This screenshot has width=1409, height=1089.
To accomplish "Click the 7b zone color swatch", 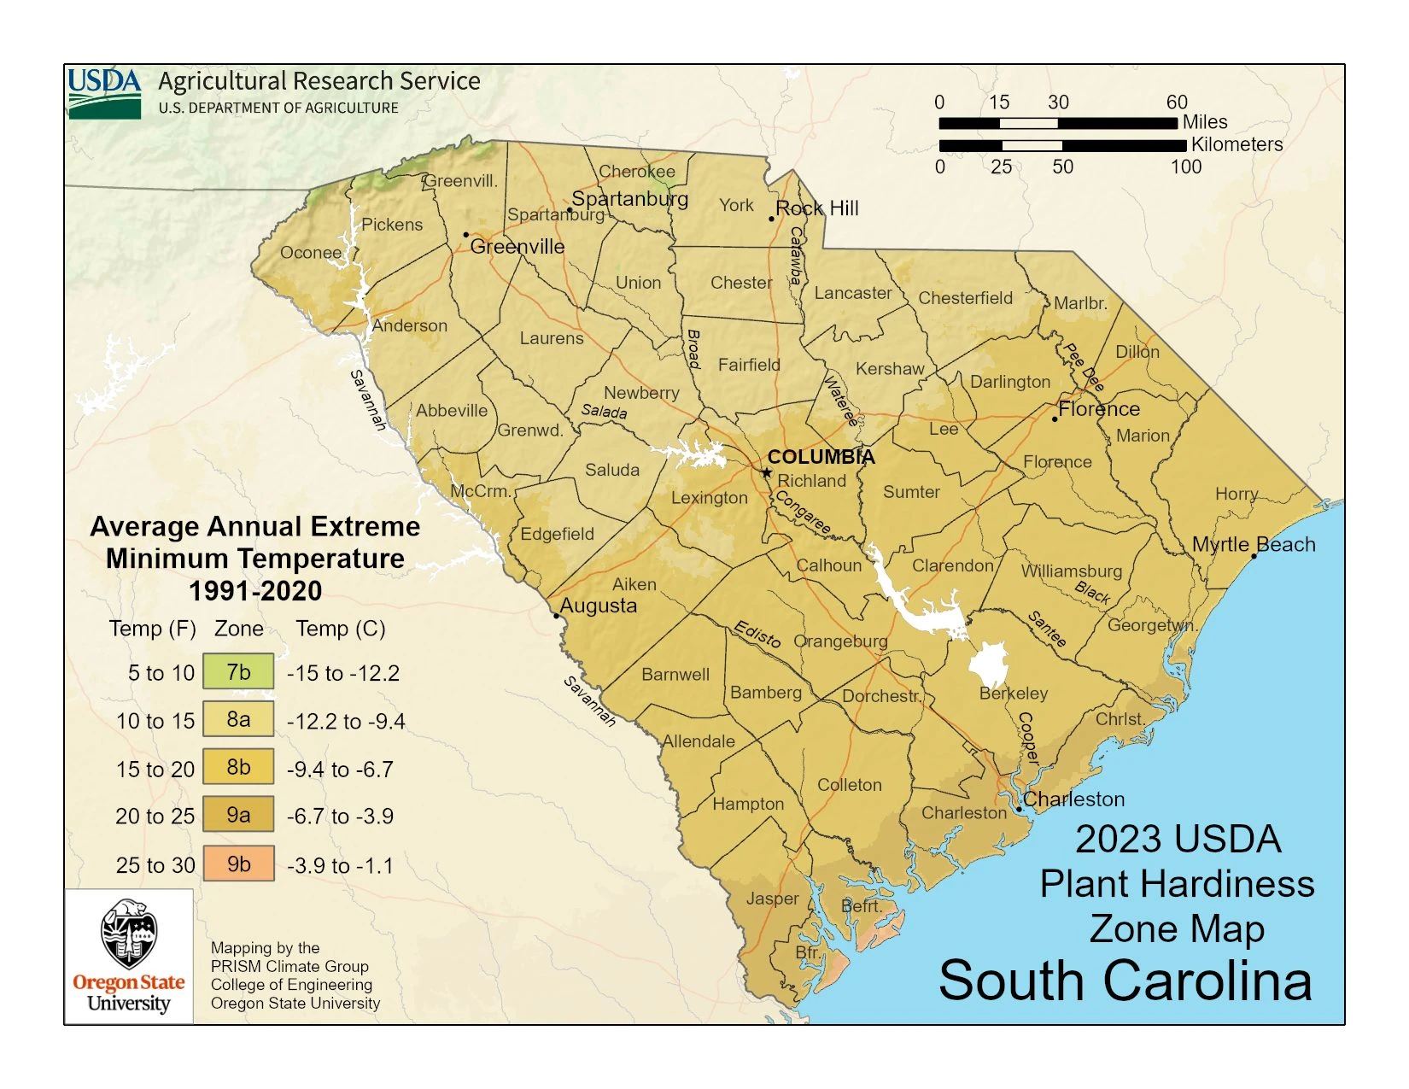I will pos(238,672).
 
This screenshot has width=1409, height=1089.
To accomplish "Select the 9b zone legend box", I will pos(238,864).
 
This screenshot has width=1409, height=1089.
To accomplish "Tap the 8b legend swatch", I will pos(238,767).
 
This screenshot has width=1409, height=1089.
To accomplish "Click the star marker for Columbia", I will pos(767,472).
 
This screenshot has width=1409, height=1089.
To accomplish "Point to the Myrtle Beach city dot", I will pos(1254,556).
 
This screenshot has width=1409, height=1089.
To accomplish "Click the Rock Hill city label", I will pos(817,208).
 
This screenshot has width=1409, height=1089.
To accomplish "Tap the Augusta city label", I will pos(598,606).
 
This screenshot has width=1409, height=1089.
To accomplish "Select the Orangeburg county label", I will pos(840,641).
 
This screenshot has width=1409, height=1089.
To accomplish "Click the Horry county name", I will pos(1236,494).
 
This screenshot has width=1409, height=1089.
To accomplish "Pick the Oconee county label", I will pos(311,253).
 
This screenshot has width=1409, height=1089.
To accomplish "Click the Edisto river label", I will pos(757,635).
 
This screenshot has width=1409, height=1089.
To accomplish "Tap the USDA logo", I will pos(104,92).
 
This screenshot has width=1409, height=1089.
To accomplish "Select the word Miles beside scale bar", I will pos(1205,121).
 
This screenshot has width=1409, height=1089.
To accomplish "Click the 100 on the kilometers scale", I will pos(1185,167).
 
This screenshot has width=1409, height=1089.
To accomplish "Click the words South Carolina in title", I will pos(1125,980).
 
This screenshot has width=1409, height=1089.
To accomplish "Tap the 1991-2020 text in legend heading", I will pos(255,590).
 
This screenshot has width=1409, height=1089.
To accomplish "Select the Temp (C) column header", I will pos(341,629).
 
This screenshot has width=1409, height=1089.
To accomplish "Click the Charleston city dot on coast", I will pos(1019,808).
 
